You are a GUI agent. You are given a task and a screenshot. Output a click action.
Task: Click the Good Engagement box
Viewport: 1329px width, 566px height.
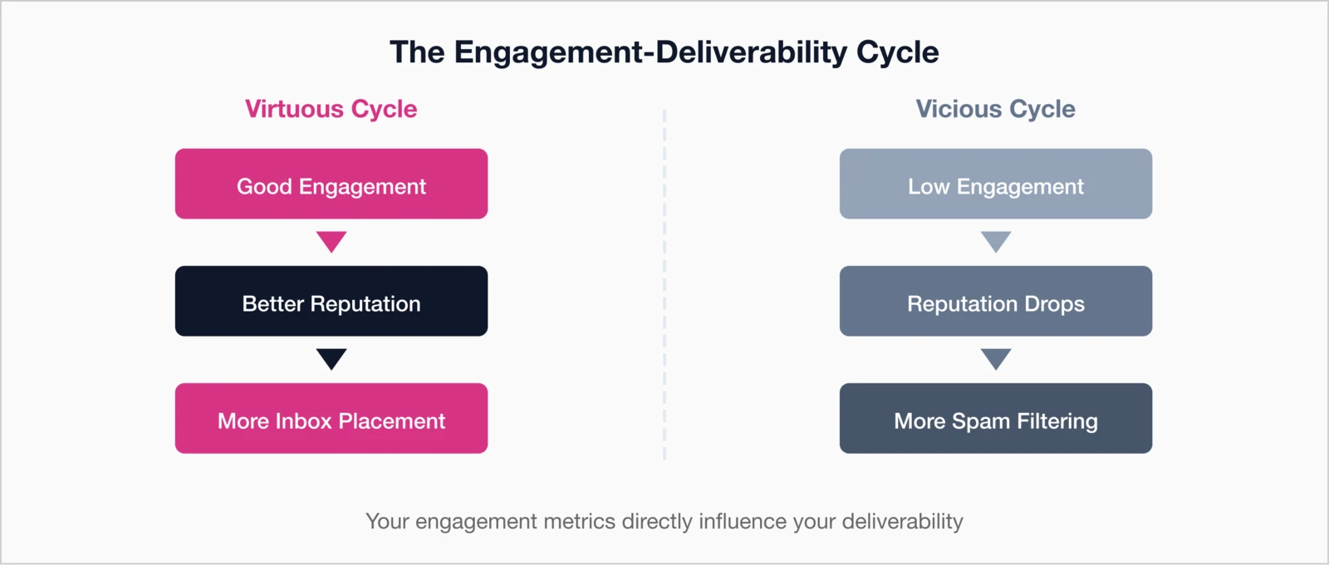(x=331, y=185)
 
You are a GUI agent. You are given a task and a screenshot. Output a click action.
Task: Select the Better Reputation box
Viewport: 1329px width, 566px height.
(x=331, y=302)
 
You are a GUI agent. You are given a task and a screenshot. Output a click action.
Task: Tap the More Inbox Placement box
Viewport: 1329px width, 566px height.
(x=331, y=419)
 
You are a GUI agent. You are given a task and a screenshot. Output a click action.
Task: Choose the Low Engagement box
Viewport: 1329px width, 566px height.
(x=995, y=185)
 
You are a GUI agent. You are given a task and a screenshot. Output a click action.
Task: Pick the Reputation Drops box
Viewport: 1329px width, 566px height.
(x=995, y=302)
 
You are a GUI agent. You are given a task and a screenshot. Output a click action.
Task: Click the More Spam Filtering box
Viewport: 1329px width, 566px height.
(x=995, y=419)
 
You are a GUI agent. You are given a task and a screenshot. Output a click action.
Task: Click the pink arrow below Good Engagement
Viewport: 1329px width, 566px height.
(x=331, y=241)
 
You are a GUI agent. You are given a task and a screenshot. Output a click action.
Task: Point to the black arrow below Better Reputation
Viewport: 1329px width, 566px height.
(x=331, y=358)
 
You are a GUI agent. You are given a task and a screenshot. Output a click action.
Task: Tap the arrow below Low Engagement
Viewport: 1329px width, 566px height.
(x=995, y=241)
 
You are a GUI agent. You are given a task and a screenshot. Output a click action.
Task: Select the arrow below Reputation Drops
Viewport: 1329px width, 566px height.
(x=995, y=358)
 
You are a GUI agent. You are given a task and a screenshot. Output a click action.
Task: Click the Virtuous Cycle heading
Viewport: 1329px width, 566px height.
(x=331, y=109)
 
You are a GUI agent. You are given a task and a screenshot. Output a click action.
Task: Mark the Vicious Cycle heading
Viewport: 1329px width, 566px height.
(x=995, y=109)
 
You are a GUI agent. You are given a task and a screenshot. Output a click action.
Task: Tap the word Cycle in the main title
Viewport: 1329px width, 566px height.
(x=897, y=52)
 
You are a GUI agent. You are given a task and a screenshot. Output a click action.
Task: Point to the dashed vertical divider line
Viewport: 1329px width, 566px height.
(x=664, y=283)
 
